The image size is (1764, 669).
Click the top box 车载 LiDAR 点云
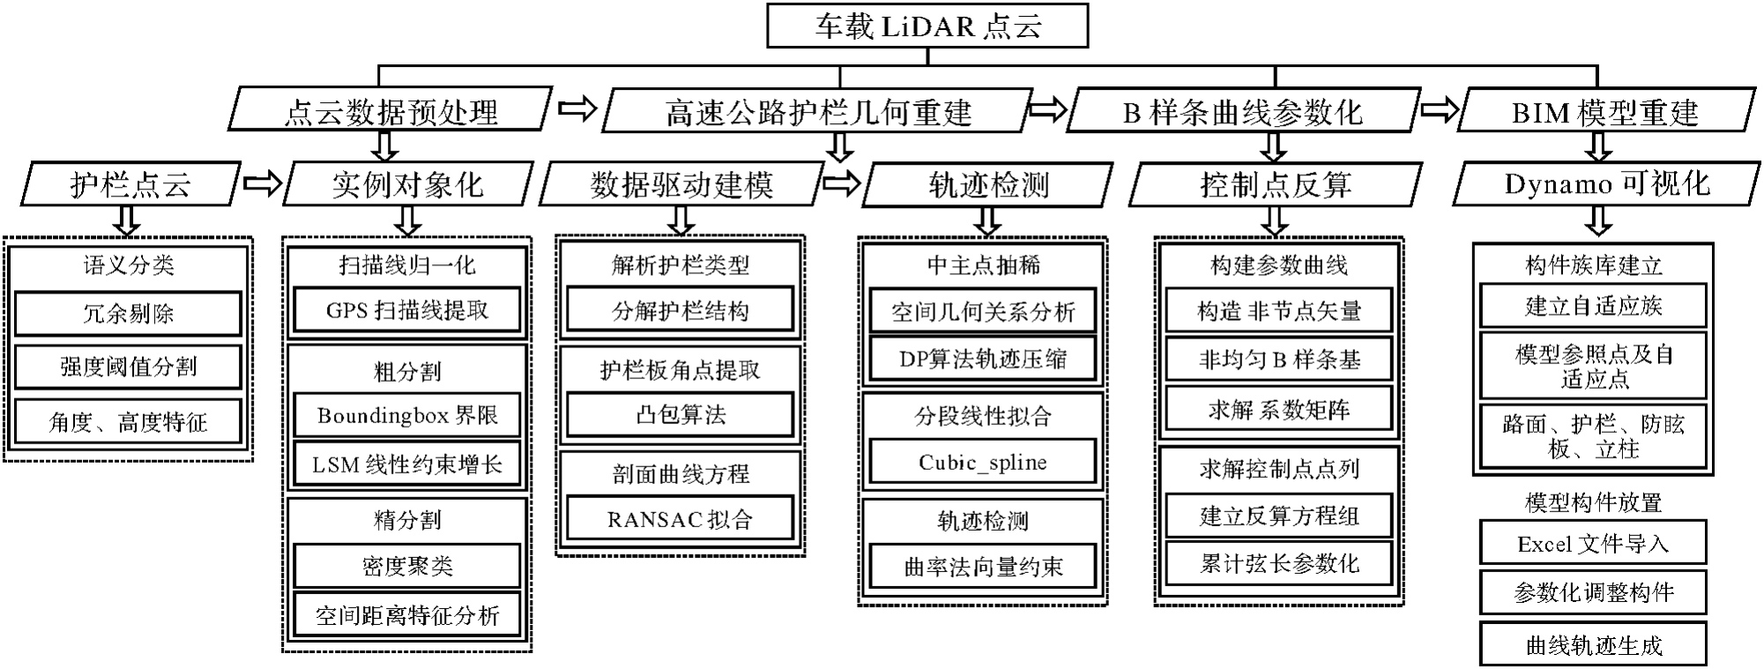(x=927, y=26)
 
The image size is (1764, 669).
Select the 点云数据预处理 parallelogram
(x=391, y=111)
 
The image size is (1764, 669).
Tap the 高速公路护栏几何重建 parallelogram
(x=817, y=111)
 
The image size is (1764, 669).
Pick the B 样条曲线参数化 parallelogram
(x=1242, y=111)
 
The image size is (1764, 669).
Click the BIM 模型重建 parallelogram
(x=1604, y=111)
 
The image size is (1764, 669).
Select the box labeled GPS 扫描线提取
(x=406, y=310)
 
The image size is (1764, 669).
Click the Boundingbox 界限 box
(x=406, y=415)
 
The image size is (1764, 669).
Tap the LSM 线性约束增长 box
(x=406, y=465)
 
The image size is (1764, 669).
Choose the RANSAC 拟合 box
(x=680, y=519)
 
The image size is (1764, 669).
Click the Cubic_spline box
(x=982, y=462)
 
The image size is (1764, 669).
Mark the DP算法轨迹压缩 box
(x=982, y=359)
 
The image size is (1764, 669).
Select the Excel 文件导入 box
(x=1593, y=543)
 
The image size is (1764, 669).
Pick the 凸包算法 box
(x=680, y=414)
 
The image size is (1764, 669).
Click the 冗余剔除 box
(x=128, y=313)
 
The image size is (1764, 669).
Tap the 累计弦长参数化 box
(x=1278, y=563)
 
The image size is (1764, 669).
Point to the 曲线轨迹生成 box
(x=1593, y=645)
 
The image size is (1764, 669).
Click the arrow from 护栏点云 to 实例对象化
(x=262, y=183)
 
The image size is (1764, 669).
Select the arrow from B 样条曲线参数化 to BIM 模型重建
(x=1440, y=110)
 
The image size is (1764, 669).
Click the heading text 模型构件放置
(x=1593, y=502)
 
